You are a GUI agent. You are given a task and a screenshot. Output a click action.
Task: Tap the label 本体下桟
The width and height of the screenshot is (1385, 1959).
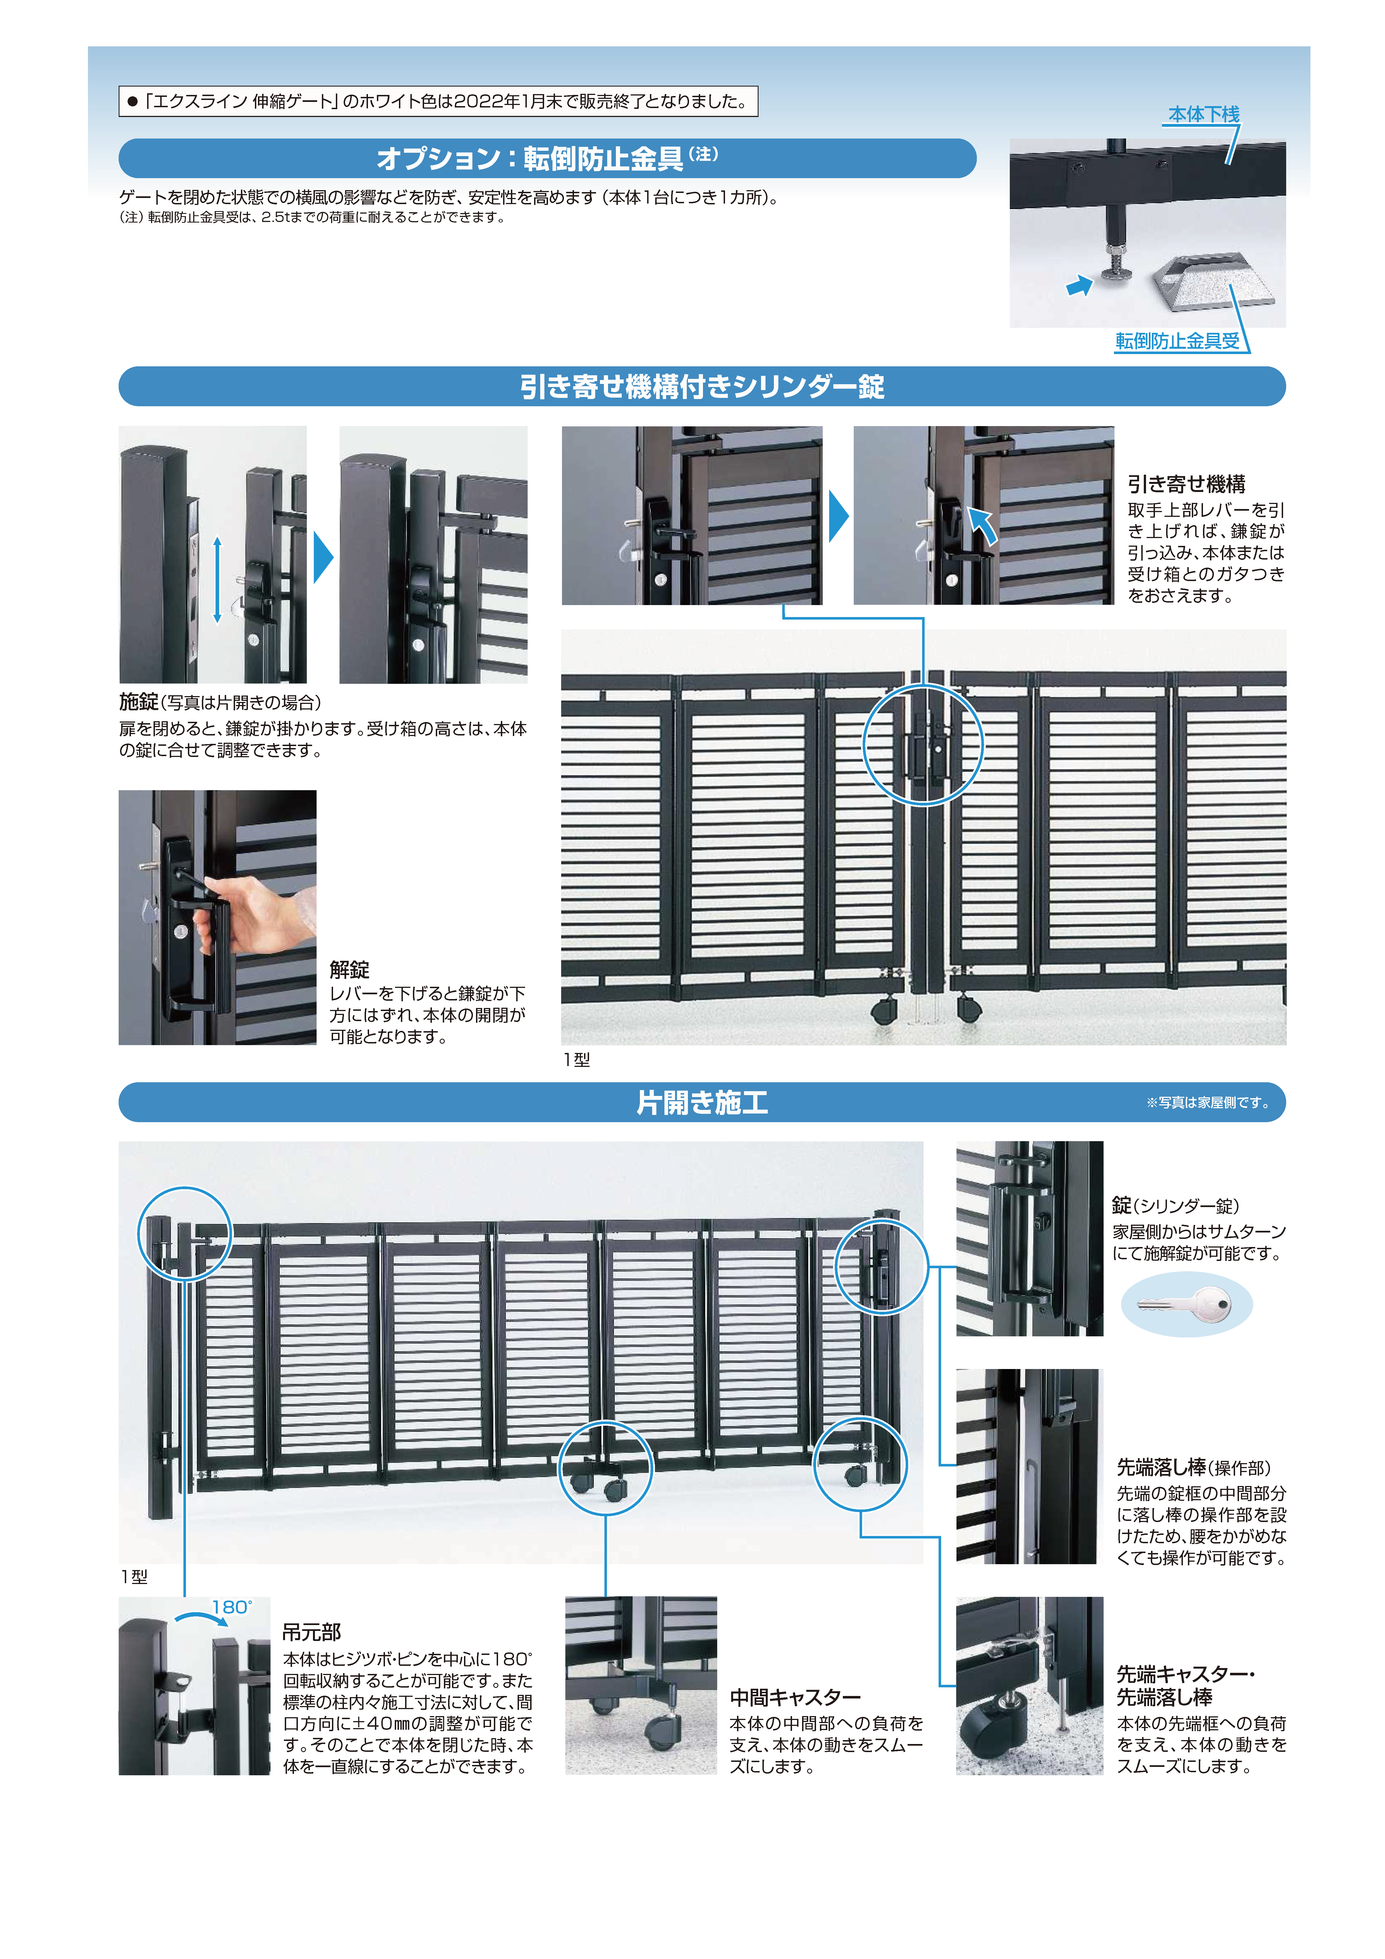tap(1203, 114)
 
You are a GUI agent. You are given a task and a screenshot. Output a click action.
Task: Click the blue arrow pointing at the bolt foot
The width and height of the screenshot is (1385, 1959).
tap(1080, 286)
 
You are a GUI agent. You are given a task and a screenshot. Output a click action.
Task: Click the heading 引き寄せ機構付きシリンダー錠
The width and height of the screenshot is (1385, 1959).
tap(702, 386)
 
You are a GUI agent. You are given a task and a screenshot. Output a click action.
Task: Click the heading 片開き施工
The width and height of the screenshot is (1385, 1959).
tap(702, 1102)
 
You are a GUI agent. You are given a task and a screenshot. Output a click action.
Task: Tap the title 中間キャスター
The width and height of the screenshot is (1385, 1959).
tap(795, 1698)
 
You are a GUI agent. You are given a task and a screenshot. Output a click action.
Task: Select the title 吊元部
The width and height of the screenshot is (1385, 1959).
tap(312, 1632)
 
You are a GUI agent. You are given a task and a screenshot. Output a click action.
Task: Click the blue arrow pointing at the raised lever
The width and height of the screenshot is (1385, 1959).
tap(983, 525)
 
